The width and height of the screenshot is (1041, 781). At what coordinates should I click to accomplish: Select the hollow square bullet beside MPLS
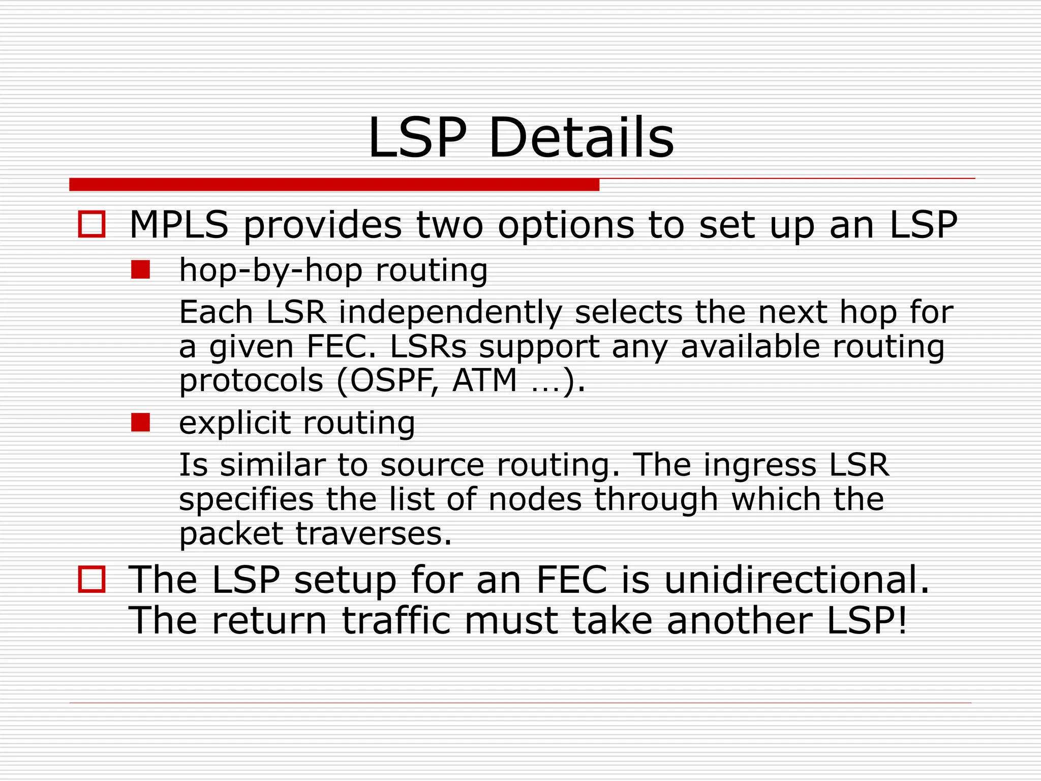click(91, 224)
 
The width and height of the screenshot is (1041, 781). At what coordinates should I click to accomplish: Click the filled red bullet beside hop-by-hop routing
click(140, 270)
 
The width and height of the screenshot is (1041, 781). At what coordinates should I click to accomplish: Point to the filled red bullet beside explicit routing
click(140, 423)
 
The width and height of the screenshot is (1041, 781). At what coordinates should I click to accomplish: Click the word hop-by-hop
click(270, 270)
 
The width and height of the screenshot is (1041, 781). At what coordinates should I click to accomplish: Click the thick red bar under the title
click(334, 185)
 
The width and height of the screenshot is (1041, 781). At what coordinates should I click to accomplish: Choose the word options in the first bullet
click(566, 225)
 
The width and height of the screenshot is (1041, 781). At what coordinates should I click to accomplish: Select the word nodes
click(535, 499)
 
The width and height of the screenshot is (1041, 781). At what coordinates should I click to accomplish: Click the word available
click(750, 347)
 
